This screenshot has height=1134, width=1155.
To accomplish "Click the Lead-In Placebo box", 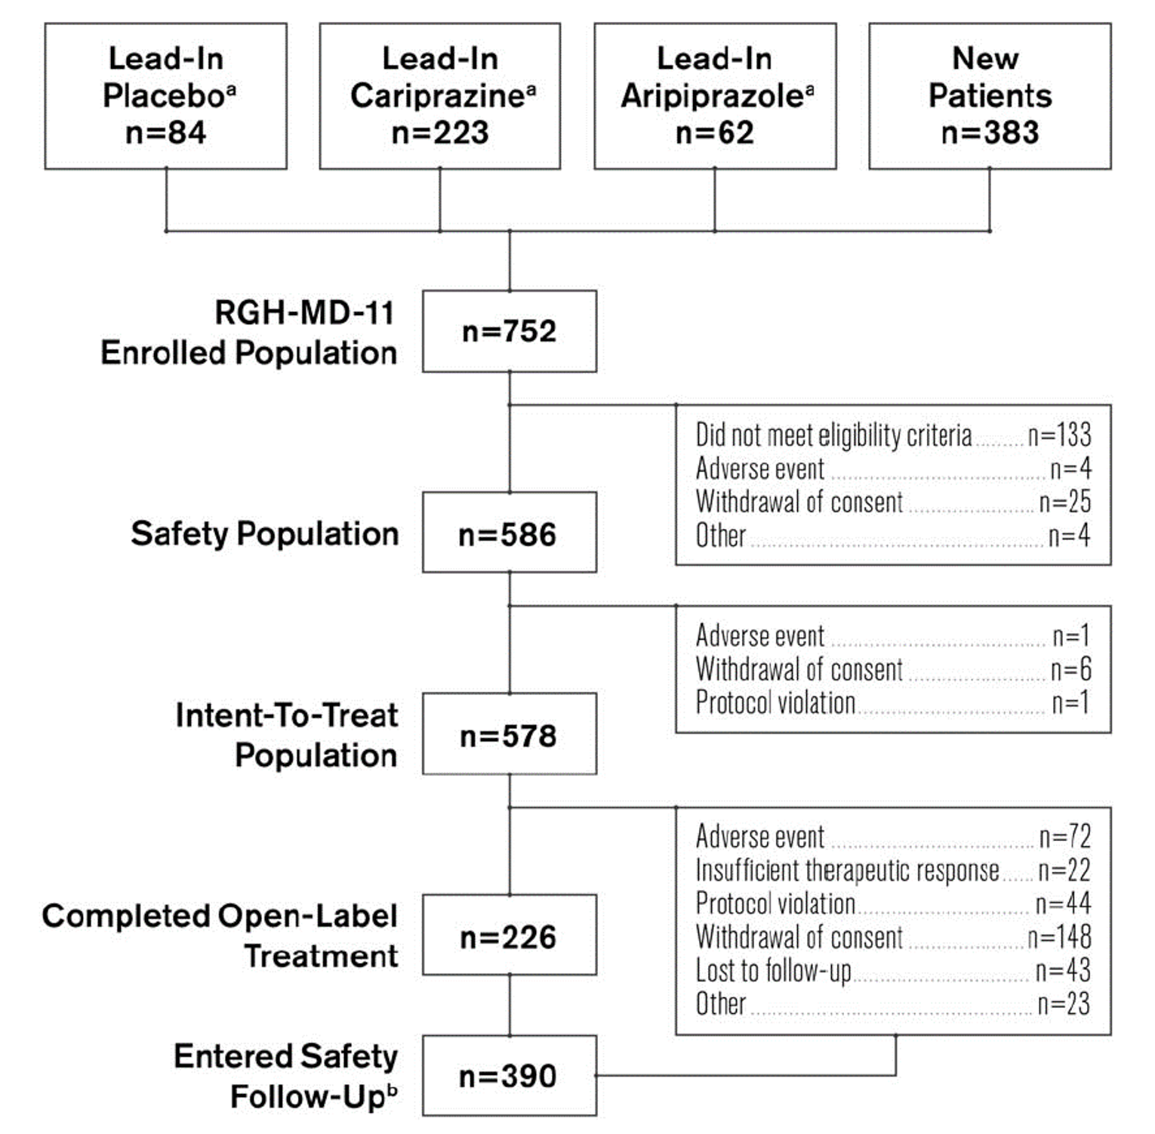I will click(x=165, y=96).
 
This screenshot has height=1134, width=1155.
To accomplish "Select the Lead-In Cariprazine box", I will click(x=440, y=96).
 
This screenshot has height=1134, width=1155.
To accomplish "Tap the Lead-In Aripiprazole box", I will click(x=715, y=96).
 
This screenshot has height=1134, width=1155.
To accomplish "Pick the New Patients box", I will click(x=990, y=96).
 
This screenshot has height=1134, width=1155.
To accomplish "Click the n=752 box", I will click(x=510, y=331).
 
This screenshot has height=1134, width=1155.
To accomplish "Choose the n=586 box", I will click(x=510, y=533).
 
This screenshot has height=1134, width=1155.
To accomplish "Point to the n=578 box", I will click(x=510, y=734).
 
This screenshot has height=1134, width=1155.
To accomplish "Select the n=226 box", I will click(x=510, y=935).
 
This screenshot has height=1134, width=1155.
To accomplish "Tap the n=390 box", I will click(x=510, y=1075).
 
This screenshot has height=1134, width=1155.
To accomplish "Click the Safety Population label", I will click(x=264, y=533).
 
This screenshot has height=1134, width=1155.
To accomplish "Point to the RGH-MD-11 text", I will click(x=304, y=312).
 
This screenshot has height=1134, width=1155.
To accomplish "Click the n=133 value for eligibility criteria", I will click(x=1059, y=435).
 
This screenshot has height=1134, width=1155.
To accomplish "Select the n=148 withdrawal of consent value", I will click(x=1059, y=937).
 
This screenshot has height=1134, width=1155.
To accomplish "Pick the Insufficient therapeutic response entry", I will click(x=847, y=870).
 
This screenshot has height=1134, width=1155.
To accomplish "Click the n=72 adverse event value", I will click(x=1064, y=836).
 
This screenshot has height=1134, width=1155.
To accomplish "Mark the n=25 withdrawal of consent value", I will click(x=1064, y=502).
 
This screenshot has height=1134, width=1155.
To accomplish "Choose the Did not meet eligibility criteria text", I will click(x=833, y=435).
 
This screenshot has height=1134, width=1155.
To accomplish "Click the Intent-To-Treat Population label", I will click(x=287, y=734).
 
